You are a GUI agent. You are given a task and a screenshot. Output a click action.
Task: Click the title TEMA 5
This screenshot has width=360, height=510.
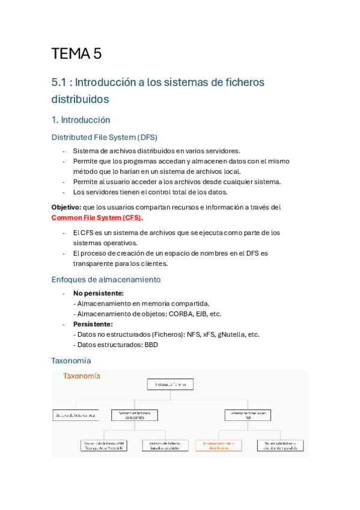76,54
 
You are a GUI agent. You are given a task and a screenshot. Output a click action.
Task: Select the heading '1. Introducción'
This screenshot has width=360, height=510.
81,120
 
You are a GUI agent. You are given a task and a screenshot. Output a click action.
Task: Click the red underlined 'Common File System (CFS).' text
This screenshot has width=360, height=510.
97,217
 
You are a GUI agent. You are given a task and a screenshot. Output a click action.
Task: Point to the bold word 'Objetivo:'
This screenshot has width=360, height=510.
66,207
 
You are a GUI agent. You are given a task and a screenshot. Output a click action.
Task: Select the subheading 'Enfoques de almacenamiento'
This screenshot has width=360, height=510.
106,279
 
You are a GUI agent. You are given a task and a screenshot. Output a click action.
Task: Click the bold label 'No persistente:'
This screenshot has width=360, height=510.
98,293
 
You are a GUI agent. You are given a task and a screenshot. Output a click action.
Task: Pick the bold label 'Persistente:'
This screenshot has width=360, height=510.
93,324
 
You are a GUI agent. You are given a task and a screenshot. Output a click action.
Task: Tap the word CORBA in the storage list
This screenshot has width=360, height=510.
183,314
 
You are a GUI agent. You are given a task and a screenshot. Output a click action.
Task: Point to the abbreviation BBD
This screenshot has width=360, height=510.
151,345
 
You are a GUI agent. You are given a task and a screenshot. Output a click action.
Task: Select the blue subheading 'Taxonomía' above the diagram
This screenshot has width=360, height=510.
71,360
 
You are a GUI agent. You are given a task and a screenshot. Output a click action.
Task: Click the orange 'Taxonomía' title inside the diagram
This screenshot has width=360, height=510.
82,376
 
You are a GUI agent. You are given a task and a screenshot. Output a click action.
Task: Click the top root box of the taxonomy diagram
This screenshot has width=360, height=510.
171,384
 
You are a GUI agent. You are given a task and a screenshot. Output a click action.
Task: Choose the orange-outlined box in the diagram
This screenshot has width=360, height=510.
218,446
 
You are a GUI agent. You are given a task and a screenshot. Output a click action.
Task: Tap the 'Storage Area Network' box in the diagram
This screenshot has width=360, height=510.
104,446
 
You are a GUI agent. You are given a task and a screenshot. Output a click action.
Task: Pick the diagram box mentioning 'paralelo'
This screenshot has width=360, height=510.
280,446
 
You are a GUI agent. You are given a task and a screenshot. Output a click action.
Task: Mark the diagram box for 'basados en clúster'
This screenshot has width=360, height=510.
165,446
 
